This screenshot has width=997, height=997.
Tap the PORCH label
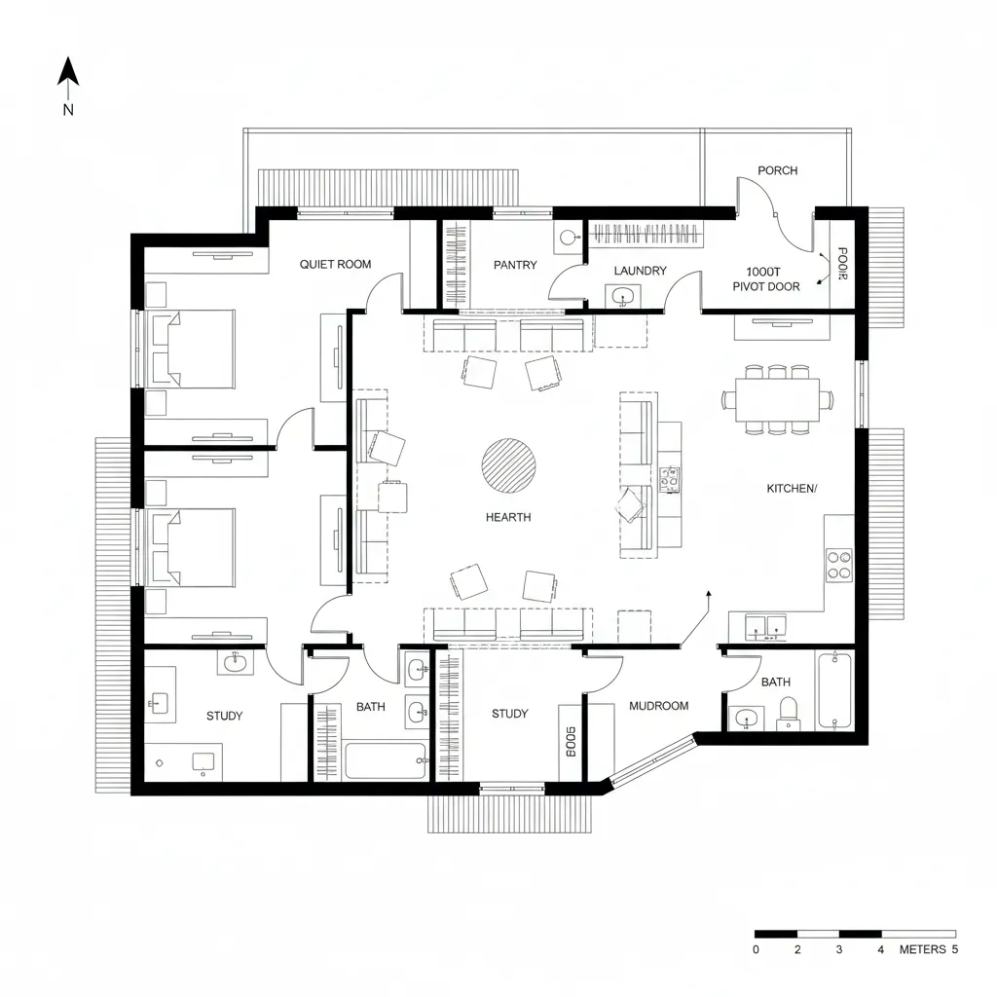777,170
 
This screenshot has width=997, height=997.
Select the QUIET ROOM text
335,264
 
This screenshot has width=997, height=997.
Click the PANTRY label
515,265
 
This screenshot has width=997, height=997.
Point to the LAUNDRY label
640,271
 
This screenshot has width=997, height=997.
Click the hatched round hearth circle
508,465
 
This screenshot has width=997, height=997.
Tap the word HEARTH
508,518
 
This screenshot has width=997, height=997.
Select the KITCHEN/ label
792,489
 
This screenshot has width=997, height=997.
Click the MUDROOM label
658,706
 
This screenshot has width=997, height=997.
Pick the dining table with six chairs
777,399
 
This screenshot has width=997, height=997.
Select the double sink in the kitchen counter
766,626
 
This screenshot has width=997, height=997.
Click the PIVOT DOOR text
766,287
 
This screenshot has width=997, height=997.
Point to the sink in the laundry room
620,295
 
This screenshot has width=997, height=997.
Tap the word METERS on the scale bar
922,949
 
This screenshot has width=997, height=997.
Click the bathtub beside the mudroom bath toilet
835,691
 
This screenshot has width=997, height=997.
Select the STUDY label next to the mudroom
509,714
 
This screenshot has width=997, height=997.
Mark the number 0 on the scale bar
757,949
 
